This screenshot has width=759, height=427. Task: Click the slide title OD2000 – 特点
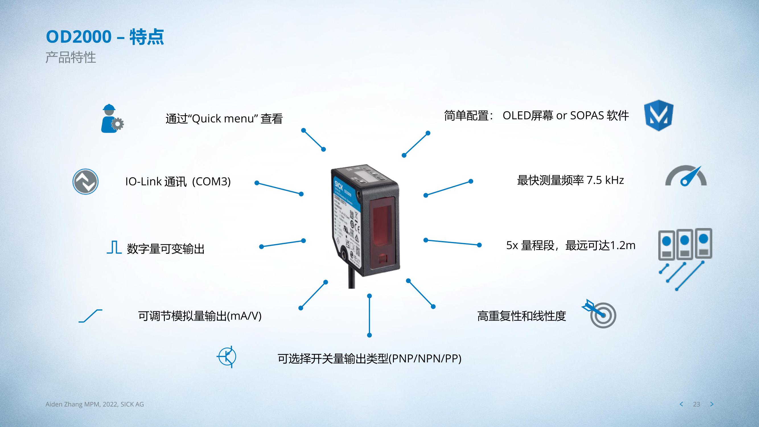[x=105, y=37]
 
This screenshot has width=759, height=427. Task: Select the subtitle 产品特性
[x=71, y=57]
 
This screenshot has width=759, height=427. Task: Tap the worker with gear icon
[x=112, y=118]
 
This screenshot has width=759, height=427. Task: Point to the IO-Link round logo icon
[x=85, y=182]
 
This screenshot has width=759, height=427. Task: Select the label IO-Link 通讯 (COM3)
[x=178, y=182]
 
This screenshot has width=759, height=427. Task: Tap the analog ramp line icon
[x=90, y=316]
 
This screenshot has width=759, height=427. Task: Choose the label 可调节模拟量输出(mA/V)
[x=200, y=316]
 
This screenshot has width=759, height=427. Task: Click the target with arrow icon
[x=600, y=314]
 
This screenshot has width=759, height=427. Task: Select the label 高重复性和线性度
[x=522, y=316]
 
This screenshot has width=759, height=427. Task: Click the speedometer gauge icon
[x=686, y=176]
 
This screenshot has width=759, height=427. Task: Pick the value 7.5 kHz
[x=605, y=180]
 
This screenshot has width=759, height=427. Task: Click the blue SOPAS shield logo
[x=659, y=115]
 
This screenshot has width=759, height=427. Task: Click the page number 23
[x=697, y=404]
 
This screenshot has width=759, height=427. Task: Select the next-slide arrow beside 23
[x=712, y=404]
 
